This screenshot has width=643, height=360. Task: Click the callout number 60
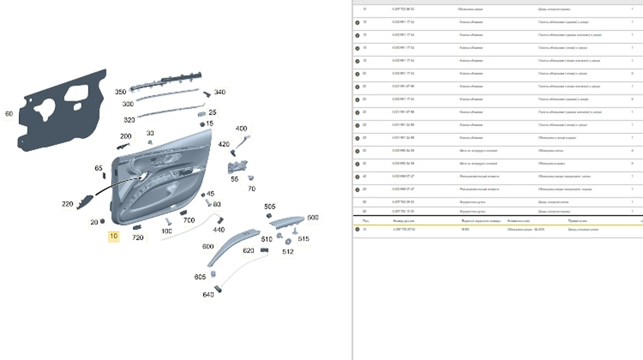click(9, 114)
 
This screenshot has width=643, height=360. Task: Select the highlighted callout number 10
click(114, 236)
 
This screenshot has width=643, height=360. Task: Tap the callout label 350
click(121, 92)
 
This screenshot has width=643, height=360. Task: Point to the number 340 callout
click(220, 92)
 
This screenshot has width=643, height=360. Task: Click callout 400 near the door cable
click(241, 129)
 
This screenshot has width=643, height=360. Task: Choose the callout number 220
click(68, 204)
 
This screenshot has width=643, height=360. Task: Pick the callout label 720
click(138, 237)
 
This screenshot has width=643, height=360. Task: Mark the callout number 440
click(219, 230)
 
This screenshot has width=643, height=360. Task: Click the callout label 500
click(313, 217)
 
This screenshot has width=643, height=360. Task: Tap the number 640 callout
click(208, 295)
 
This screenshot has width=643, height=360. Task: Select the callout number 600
click(208, 246)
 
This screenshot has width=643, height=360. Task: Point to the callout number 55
click(235, 179)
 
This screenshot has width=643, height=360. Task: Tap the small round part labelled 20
click(102, 221)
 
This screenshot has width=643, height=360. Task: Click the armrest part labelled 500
click(287, 222)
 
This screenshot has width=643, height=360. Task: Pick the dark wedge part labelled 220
click(84, 202)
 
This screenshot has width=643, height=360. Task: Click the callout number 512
click(288, 251)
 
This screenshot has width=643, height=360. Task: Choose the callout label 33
click(150, 133)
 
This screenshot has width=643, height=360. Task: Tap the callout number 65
click(99, 168)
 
